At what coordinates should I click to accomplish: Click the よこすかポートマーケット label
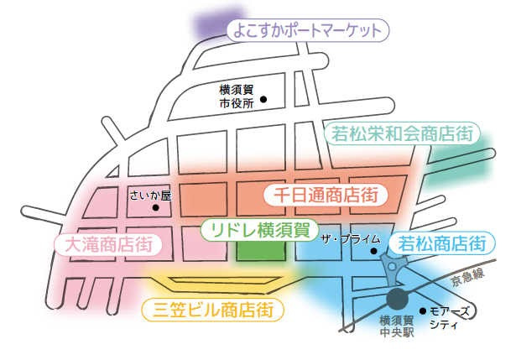(x=309, y=32)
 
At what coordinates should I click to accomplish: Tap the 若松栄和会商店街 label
(x=401, y=133)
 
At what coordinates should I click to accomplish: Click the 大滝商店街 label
(x=107, y=245)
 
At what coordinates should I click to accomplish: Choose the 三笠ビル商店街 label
(x=213, y=310)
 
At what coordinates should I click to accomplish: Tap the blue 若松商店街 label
(x=440, y=244)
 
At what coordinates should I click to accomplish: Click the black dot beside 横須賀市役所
(x=263, y=99)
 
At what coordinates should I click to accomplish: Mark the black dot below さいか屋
(x=155, y=208)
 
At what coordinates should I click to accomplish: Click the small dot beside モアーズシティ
(x=422, y=310)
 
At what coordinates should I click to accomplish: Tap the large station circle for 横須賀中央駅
(x=397, y=299)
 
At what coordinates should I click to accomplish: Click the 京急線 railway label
(x=466, y=278)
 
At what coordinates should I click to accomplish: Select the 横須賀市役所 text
(x=236, y=97)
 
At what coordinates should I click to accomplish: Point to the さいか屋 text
(x=150, y=196)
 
